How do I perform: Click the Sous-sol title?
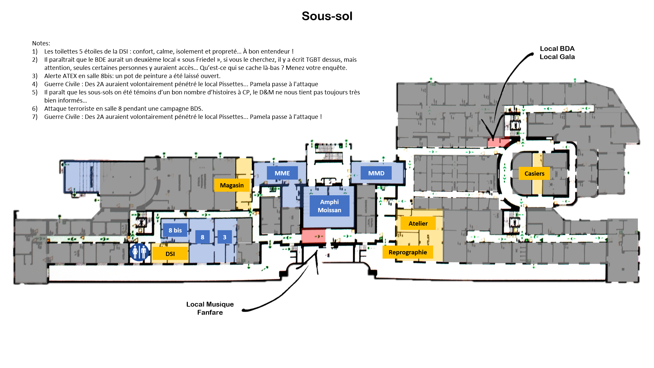point(327,16)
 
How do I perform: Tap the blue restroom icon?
point(139,252)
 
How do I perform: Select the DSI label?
point(170,254)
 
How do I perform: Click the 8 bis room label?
point(175,230)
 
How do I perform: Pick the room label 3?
point(224,237)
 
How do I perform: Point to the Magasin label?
point(232,185)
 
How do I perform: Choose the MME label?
point(282,173)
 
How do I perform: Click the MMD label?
point(376,173)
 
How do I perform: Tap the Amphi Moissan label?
point(329,206)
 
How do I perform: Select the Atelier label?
point(418,223)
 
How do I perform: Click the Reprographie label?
point(407,252)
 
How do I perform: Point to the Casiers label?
point(534,173)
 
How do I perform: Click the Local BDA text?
point(557,49)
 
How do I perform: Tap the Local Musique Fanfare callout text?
point(210,308)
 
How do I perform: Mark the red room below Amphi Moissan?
point(313,236)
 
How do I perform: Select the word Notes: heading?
point(41,43)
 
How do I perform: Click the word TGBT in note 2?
point(313,60)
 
